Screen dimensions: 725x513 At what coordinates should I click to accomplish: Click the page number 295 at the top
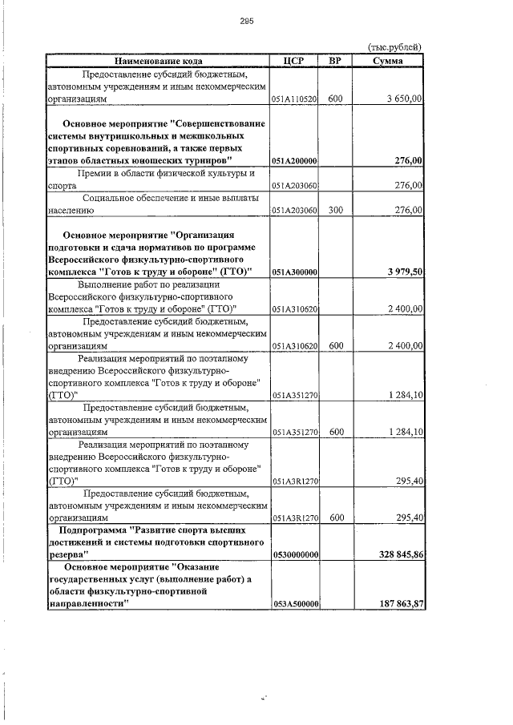(x=246, y=22)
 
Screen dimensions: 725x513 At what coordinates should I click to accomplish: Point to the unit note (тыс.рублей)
(x=394, y=47)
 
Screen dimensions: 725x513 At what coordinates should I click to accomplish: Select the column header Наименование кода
(x=157, y=60)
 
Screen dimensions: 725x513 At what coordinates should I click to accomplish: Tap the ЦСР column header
(x=294, y=60)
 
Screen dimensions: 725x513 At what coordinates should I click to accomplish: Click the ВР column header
(x=335, y=60)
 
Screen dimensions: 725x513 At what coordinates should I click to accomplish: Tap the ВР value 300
(x=335, y=210)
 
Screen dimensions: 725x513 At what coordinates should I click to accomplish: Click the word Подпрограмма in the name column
(x=93, y=530)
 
